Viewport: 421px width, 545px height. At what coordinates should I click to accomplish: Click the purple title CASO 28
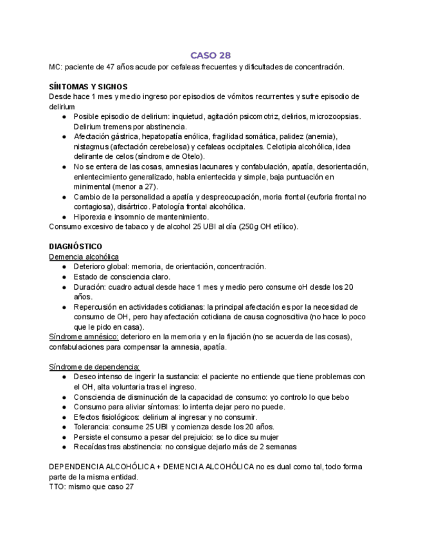click(x=210, y=55)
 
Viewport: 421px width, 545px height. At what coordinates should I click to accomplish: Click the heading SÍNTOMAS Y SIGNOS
click(x=88, y=87)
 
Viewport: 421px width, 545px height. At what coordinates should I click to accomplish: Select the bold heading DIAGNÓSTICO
click(x=75, y=246)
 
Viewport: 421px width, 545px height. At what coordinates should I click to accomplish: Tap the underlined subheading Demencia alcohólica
click(x=84, y=256)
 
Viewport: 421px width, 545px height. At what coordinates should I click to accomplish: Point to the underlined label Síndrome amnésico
click(x=84, y=337)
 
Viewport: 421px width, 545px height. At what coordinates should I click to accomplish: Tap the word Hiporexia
click(x=91, y=217)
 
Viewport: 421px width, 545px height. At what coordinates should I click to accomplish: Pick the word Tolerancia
click(x=91, y=427)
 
